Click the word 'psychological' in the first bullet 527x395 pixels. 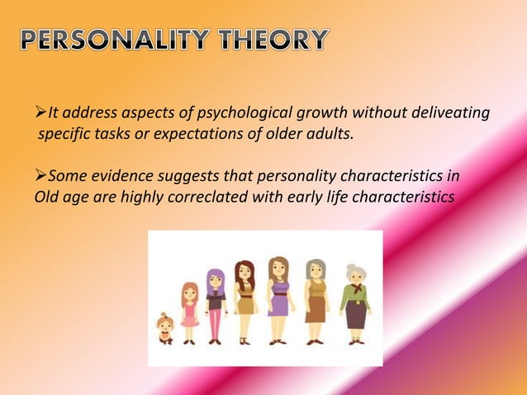click(x=239, y=113)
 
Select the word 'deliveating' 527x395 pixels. click(x=449, y=113)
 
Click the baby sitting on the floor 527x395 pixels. click(x=165, y=329)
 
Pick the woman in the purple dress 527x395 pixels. click(x=278, y=299)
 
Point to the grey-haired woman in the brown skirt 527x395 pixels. click(x=316, y=301)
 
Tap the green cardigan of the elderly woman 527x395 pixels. click(x=355, y=296)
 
